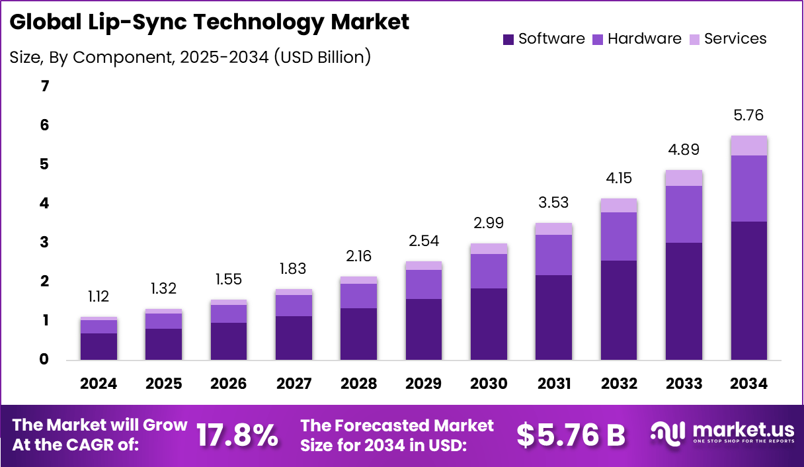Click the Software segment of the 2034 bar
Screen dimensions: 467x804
click(x=749, y=290)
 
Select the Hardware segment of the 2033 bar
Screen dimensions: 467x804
click(x=684, y=214)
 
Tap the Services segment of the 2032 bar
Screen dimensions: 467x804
click(x=620, y=205)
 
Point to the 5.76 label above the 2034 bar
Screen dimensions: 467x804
click(x=749, y=115)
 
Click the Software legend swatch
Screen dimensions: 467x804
click(x=508, y=39)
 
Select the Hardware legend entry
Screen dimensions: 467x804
click(x=644, y=38)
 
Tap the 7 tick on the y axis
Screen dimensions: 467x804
click(x=44, y=86)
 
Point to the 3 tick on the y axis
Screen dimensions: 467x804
click(x=44, y=242)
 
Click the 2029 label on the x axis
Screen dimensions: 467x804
click(x=424, y=384)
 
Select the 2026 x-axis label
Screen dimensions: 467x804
click(x=229, y=384)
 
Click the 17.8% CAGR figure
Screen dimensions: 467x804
click(x=237, y=435)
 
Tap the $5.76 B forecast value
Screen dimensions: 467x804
click(x=571, y=435)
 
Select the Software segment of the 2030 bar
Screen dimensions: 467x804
click(x=489, y=323)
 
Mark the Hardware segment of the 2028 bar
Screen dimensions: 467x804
click(x=359, y=296)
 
